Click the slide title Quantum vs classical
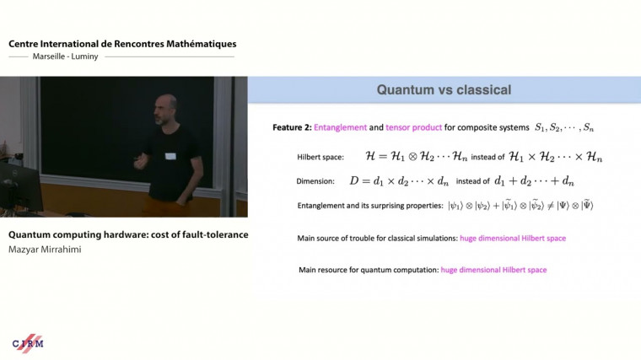coord(444,89)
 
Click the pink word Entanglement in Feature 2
coord(340,127)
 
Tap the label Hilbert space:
coord(320,158)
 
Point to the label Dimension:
coord(315,181)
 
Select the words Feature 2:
coord(292,127)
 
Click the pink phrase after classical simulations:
coord(513,239)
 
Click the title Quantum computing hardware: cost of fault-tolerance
coord(128,234)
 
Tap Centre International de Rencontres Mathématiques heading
coord(122,43)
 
